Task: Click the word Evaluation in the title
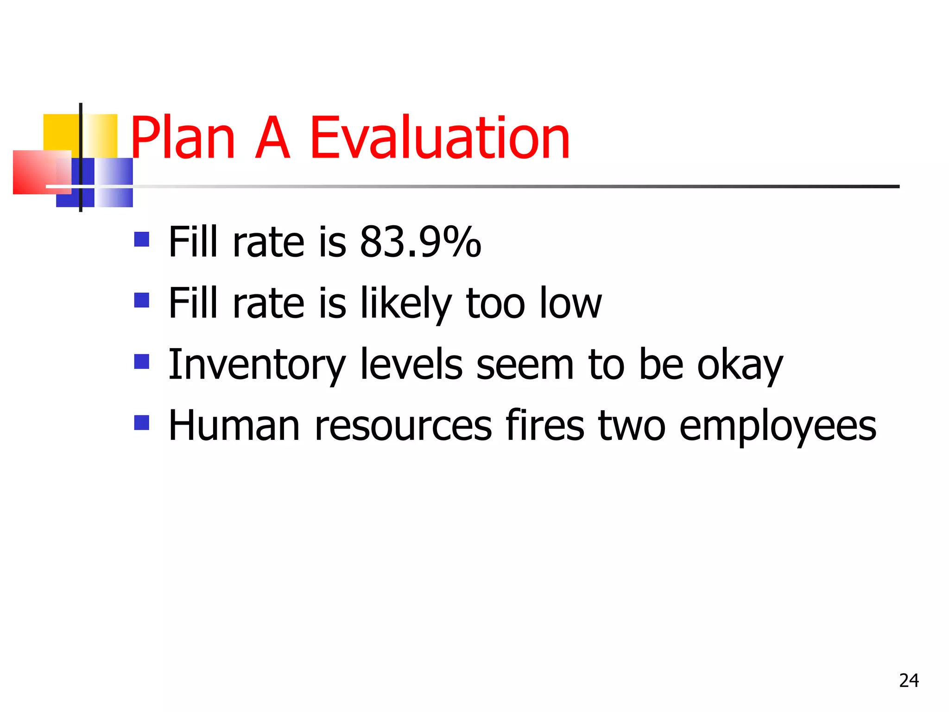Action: pos(439,138)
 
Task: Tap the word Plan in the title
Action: pos(183,138)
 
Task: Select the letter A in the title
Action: pos(272,138)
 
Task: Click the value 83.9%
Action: pos(420,242)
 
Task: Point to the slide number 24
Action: pos(909,680)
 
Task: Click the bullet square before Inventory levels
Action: pos(142,362)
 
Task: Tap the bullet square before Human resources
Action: pos(142,422)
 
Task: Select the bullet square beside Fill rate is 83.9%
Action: pos(142,239)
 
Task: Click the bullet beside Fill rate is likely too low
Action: pos(142,300)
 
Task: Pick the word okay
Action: pos(740,365)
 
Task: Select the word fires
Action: pos(545,426)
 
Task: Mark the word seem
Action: pos(525,365)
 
